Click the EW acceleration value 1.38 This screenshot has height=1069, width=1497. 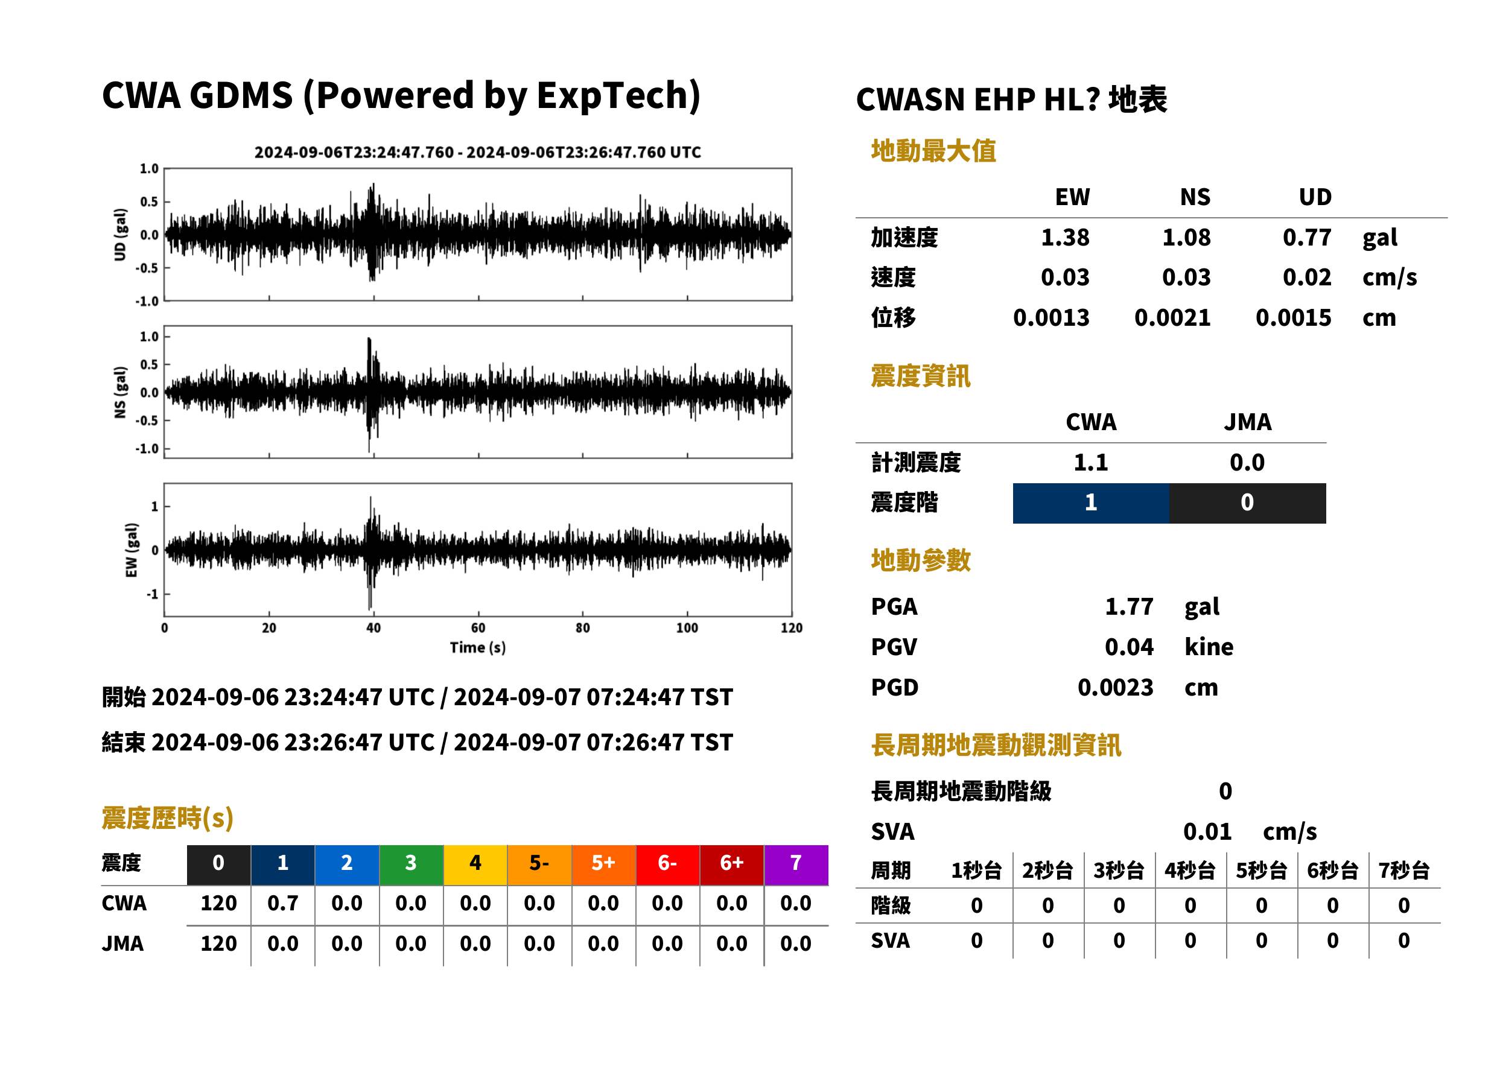pos(1064,238)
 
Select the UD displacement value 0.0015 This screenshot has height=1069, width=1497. pos(1293,318)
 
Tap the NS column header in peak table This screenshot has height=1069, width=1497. pos(1195,197)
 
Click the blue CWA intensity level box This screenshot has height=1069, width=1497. pos(1091,503)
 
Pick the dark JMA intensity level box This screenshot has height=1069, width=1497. pos(1248,503)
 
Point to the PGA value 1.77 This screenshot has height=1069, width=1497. pos(1129,606)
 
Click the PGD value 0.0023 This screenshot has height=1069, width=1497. pos(1115,687)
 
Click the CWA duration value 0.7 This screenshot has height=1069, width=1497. pos(283,903)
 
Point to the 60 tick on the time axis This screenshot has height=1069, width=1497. pos(478,628)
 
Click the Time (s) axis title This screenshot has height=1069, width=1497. pos(478,648)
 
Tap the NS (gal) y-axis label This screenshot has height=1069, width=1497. pos(120,392)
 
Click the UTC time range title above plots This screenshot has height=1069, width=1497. pos(478,153)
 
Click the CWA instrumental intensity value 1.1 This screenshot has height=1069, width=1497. pos(1091,463)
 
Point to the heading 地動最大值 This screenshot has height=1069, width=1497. pos(933,151)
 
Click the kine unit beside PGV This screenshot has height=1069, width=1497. pos(1209,647)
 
